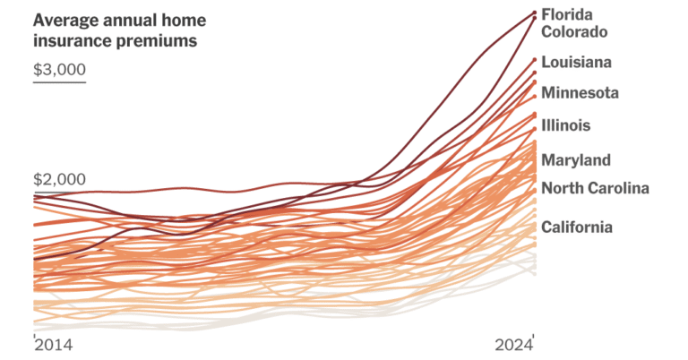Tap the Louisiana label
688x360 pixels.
[577, 63]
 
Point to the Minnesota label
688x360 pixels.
[580, 92]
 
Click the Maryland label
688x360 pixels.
[576, 160]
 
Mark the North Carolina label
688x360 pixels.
[595, 188]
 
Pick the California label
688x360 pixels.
[577, 227]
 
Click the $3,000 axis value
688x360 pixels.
[58, 70]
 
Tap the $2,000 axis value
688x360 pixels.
[58, 179]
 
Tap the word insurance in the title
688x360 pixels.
[73, 39]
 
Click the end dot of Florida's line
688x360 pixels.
[535, 13]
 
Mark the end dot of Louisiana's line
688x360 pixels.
[535, 60]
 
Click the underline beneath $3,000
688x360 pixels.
[58, 82]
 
